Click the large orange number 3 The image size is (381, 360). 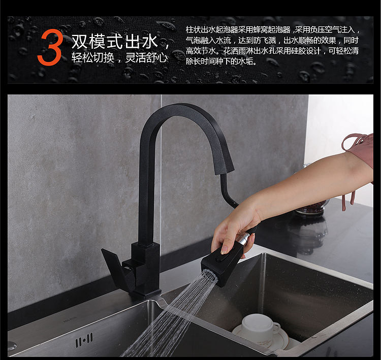(x=50, y=47)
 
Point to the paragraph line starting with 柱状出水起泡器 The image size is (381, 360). (x=273, y=29)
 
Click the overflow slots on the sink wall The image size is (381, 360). (x=84, y=340)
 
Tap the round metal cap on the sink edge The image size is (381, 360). (x=11, y=346)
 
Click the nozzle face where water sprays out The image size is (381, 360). (x=209, y=277)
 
